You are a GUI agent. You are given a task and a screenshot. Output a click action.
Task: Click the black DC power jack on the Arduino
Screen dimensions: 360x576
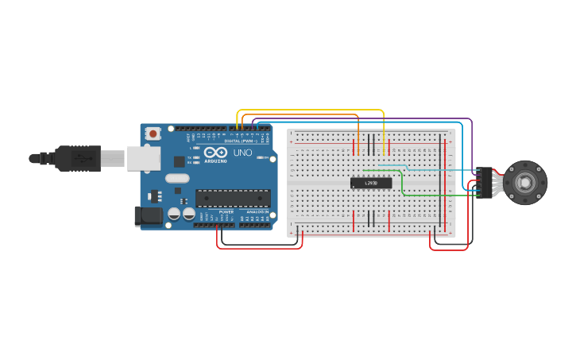click(147, 215)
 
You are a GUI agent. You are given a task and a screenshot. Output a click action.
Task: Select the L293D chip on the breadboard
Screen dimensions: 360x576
click(371, 183)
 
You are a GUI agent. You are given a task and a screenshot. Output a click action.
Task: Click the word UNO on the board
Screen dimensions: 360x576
click(242, 153)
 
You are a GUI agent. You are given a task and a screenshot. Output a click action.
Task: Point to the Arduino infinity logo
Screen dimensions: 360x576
click(215, 152)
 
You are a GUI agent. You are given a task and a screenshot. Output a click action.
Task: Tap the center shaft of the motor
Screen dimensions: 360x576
click(525, 182)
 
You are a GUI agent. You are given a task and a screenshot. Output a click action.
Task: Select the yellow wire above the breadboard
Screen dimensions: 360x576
click(310, 110)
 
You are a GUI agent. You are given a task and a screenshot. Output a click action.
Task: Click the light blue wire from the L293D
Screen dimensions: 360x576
click(429, 169)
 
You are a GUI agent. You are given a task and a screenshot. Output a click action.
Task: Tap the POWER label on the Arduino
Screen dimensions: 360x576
click(226, 212)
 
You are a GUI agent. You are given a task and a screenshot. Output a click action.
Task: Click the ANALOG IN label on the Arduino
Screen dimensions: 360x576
click(256, 212)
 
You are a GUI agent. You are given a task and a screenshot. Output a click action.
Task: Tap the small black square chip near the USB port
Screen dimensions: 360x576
click(179, 161)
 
